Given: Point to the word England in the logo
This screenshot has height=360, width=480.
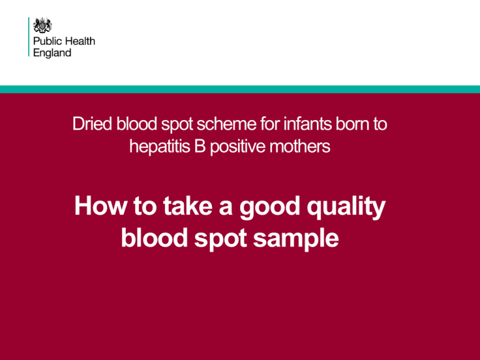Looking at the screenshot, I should coord(52,53).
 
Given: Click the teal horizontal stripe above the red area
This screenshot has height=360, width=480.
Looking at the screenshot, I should coord(240,89).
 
